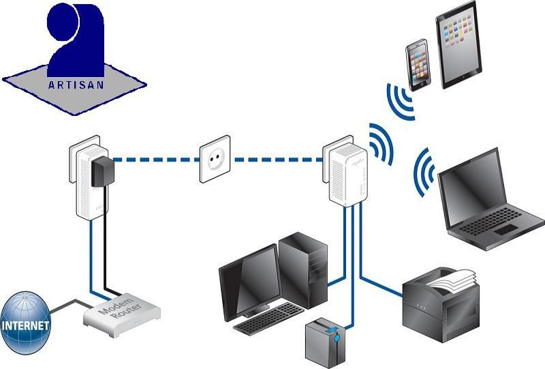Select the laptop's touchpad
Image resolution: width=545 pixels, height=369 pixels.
pyautogui.click(x=505, y=229)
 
